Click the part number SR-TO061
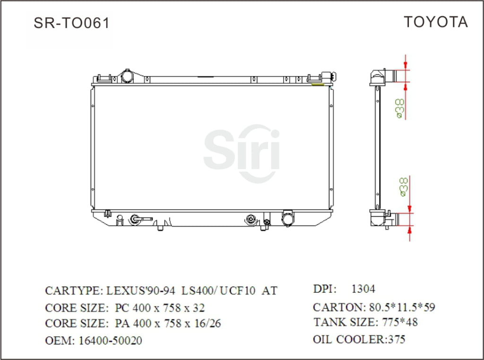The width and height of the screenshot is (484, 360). coord(72,23)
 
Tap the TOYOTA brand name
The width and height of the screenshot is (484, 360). coord(436,22)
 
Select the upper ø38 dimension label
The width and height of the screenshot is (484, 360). coord(399,108)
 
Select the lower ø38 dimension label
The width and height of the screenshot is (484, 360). coord(404,187)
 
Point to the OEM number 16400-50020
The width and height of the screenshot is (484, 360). coord(111,341)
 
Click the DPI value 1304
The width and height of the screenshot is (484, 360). coord(363,289)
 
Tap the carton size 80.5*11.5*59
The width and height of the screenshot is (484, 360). coord(402,307)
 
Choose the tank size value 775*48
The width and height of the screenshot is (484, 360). coord(400,322)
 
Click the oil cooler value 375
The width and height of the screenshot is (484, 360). coord(397,339)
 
